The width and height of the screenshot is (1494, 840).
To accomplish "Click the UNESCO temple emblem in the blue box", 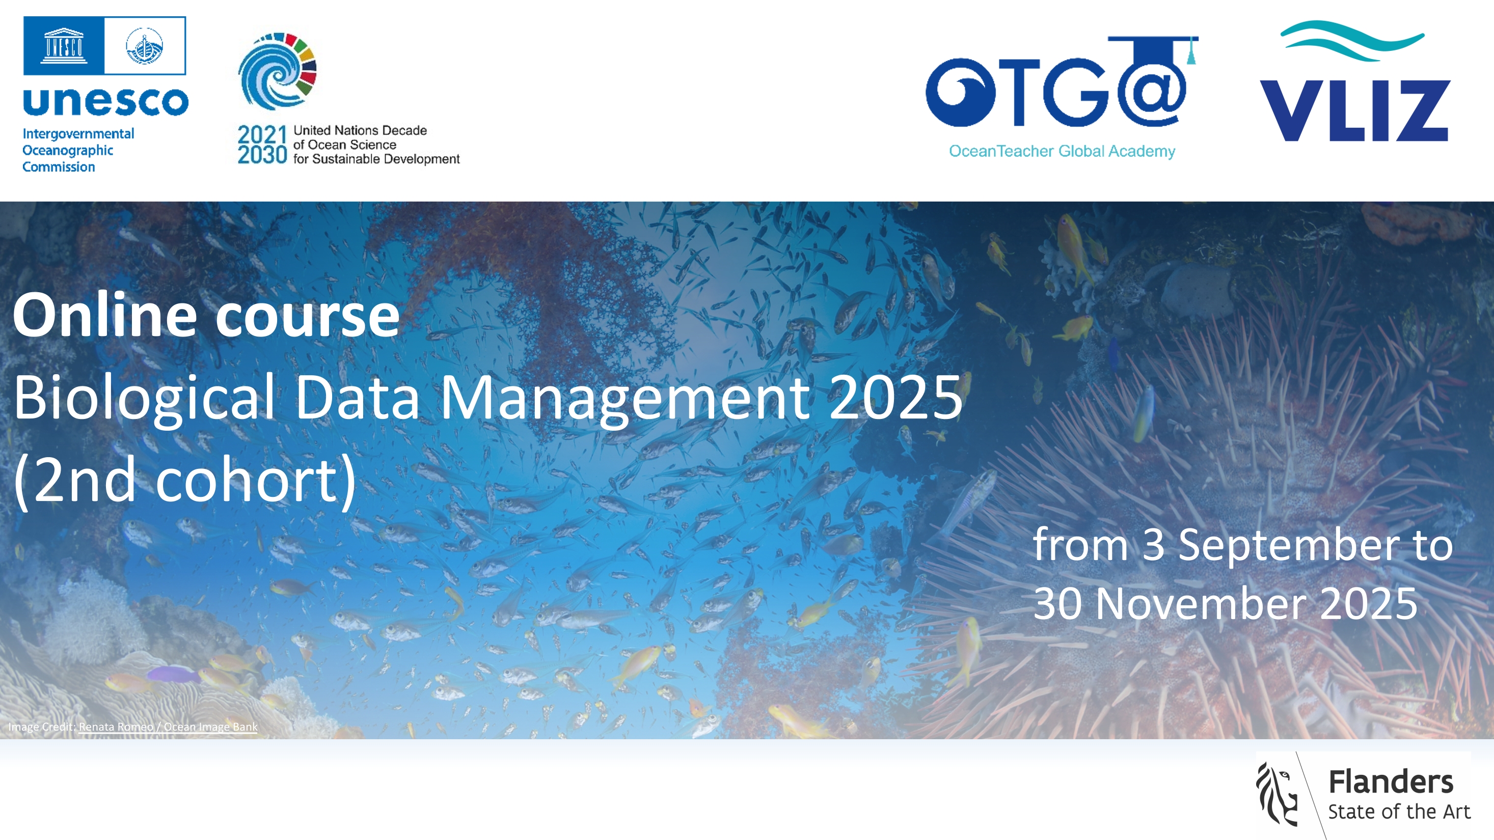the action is coord(64,45).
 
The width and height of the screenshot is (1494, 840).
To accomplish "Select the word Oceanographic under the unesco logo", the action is coord(68,151).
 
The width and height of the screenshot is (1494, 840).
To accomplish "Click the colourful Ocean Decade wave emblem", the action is coord(277,71).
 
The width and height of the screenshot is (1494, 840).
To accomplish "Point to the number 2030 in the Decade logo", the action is coord(262,155).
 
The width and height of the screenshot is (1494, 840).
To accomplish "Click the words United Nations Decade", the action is coord(360,130).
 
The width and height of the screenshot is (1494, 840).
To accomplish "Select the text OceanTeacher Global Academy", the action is coord(1062,151).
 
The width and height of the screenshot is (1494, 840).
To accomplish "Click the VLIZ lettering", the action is coord(1355,110).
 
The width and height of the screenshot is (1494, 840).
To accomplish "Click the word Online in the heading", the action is coord(105,315).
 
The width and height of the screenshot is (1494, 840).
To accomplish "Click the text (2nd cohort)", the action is coord(184,481).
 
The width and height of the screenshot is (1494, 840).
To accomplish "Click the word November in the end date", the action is coord(1200,603).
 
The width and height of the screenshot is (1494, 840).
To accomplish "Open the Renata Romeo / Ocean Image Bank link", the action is coord(168,727).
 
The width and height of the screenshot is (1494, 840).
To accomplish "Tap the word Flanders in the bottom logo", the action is coord(1391,781).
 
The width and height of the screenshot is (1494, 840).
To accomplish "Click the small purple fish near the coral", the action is coord(173,674).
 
